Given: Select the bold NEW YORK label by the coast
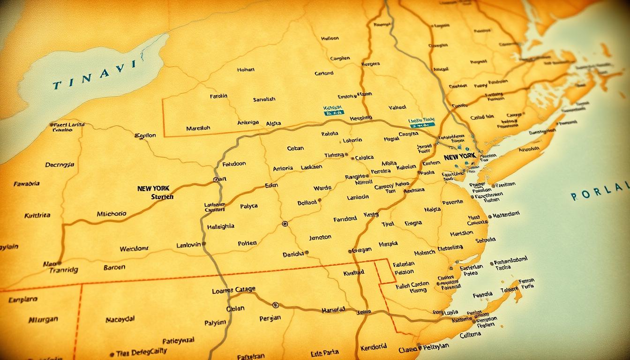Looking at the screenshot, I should pyautogui.click(x=459, y=156).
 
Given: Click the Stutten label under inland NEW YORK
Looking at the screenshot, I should pyautogui.click(x=162, y=197).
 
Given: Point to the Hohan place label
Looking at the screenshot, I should pyautogui.click(x=246, y=69).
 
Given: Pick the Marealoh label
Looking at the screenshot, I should pyautogui.click(x=198, y=128).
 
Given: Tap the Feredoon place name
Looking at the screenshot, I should pyautogui.click(x=234, y=164).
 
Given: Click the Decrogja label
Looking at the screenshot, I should pyautogui.click(x=60, y=165).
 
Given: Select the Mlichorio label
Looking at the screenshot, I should pyautogui.click(x=112, y=214).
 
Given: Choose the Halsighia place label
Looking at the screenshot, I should pyautogui.click(x=220, y=226).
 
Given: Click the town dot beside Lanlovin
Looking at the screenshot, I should pyautogui.click(x=204, y=244).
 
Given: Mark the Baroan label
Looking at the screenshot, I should pyautogui.click(x=114, y=267).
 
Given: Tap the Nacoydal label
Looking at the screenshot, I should pyautogui.click(x=120, y=319).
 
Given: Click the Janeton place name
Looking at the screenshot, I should pyautogui.click(x=320, y=238).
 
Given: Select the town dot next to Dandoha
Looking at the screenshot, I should pyautogui.click(x=307, y=252).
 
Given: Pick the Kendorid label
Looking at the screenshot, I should pyautogui.click(x=374, y=346).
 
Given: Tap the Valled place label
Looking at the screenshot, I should pyautogui.click(x=397, y=107).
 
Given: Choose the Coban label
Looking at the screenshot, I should pyautogui.click(x=295, y=148).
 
